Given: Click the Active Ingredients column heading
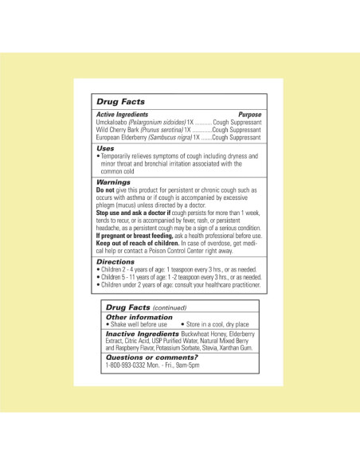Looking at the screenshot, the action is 122,115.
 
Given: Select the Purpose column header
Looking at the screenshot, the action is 249,115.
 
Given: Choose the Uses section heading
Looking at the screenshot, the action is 105,148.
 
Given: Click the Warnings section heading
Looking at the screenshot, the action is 114,182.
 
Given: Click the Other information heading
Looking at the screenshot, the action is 139,317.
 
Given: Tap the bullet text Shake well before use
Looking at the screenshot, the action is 139,325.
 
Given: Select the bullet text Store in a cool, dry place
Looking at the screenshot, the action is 215,325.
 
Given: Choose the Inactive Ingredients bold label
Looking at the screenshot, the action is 143,334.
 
